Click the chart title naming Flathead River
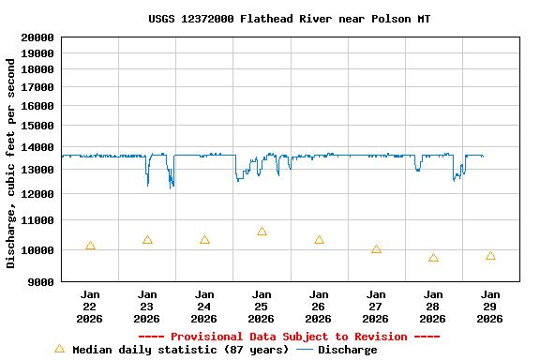(x=290, y=19)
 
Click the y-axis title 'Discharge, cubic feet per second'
(x=11, y=163)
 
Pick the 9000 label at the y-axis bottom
(x=41, y=281)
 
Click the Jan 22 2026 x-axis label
(x=90, y=307)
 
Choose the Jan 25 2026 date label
(x=262, y=307)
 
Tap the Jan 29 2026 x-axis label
(x=490, y=307)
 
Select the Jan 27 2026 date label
(x=376, y=307)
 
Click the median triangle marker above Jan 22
(x=90, y=246)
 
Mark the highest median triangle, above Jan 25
(x=262, y=232)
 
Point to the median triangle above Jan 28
(x=433, y=258)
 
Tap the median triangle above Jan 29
(x=490, y=256)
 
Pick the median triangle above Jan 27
(x=376, y=249)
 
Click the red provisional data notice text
(x=289, y=337)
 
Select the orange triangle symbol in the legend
(x=59, y=349)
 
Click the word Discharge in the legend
(x=347, y=350)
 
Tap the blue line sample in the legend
(x=305, y=350)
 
